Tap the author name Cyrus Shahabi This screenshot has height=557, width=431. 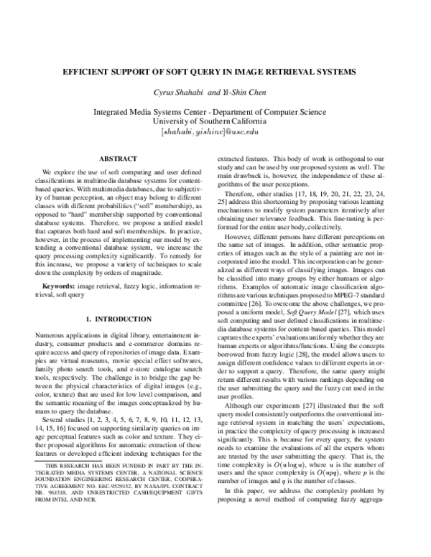point(182,93)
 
